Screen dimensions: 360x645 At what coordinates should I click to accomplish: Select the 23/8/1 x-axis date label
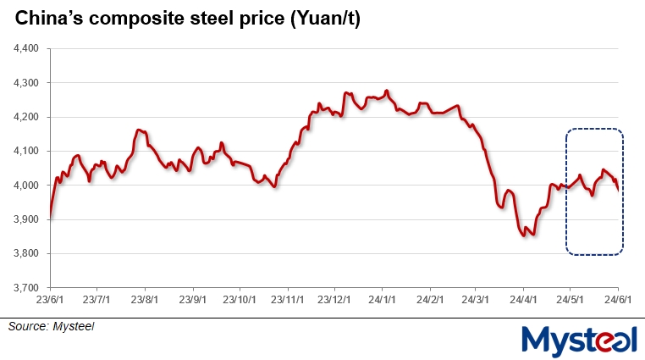(x=146, y=300)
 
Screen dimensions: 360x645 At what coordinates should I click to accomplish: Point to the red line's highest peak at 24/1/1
(x=387, y=91)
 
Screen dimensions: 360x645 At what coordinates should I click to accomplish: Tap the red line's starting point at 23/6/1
(x=51, y=217)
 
